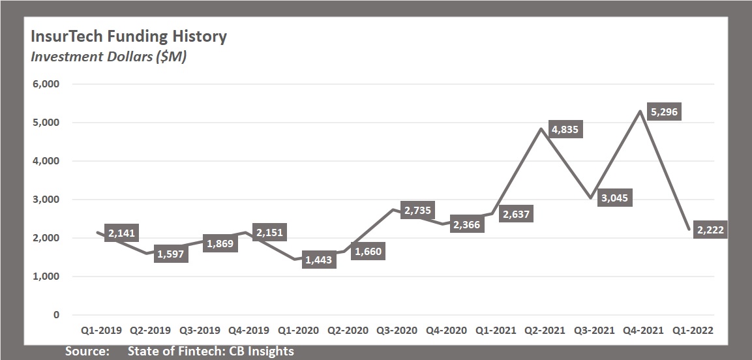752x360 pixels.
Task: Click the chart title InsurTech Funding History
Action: pyautogui.click(x=129, y=36)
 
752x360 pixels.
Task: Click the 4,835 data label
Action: pyautogui.click(x=564, y=128)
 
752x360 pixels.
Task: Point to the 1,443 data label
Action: pyautogui.click(x=319, y=260)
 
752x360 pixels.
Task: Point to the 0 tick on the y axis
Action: pyautogui.click(x=56, y=315)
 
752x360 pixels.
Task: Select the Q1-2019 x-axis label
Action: pyautogui.click(x=102, y=331)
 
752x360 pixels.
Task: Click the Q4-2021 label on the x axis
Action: pyautogui.click(x=643, y=331)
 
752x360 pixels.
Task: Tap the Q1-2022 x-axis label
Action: pyautogui.click(x=693, y=331)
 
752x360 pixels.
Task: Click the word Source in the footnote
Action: pyautogui.click(x=87, y=352)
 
